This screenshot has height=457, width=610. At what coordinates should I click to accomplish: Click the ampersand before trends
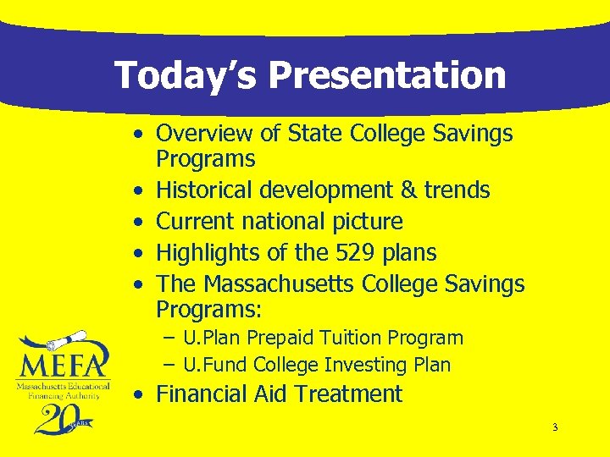(x=412, y=190)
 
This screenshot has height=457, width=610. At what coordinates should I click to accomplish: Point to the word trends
(x=458, y=190)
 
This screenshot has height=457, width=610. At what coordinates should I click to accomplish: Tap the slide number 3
(x=555, y=427)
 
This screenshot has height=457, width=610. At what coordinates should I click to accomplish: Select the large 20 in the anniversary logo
(x=58, y=417)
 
